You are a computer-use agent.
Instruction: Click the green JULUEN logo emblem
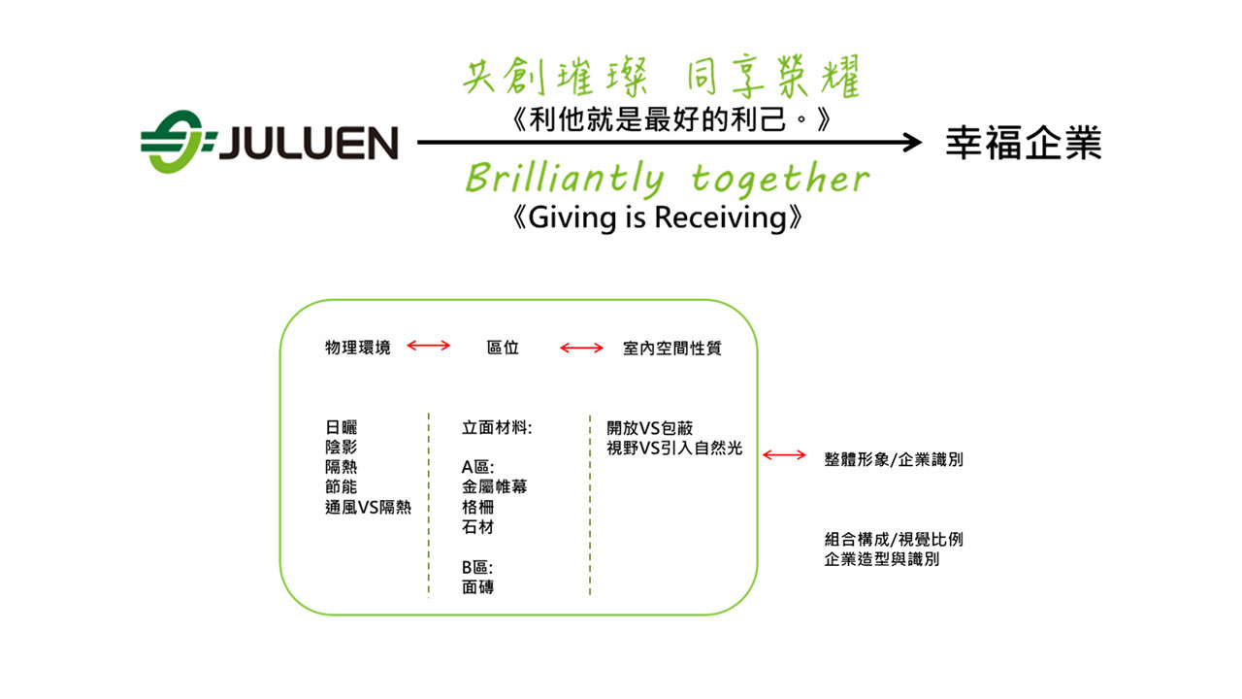(176, 143)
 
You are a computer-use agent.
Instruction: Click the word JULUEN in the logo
(307, 144)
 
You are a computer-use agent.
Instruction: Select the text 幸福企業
(1024, 144)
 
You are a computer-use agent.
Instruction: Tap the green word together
(780, 179)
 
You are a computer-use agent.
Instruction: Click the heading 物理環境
(358, 348)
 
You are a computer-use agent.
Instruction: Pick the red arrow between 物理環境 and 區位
(429, 346)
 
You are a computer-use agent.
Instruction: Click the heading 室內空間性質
(672, 348)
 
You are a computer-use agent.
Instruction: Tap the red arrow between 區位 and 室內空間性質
(581, 347)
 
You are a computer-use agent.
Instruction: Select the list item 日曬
(341, 427)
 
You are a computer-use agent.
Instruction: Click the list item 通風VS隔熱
(369, 507)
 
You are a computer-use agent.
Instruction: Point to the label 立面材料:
(497, 427)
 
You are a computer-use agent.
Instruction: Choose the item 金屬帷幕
(494, 486)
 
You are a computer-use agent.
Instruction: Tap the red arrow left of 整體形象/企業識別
(784, 453)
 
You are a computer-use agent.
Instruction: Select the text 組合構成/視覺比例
(894, 540)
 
